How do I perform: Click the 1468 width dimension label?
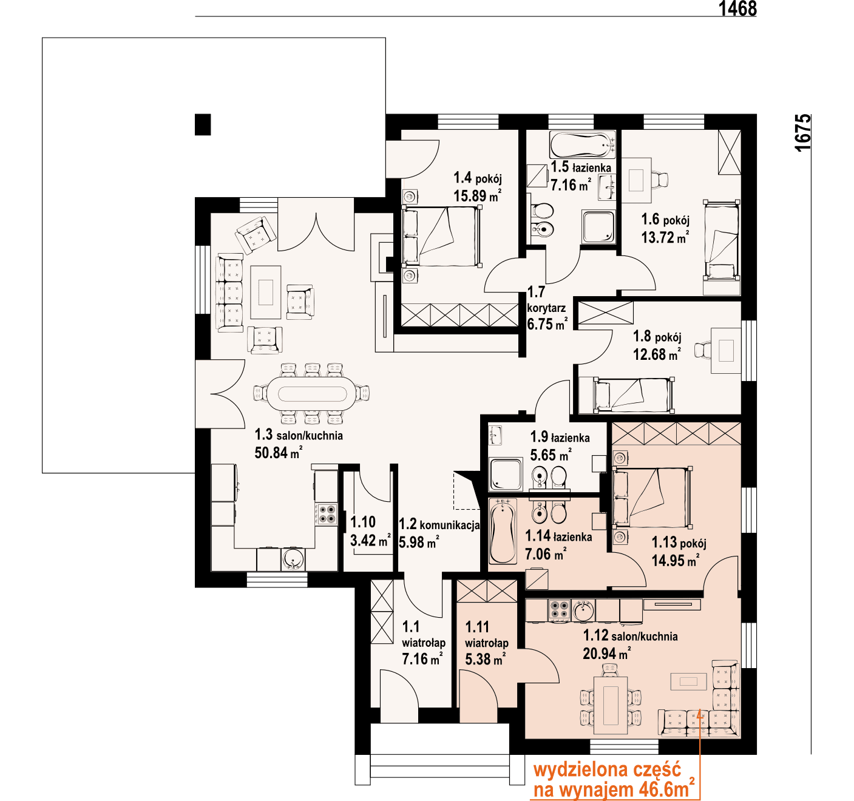(x=737, y=8)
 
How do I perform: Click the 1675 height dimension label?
(x=802, y=132)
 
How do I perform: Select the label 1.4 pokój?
(x=478, y=178)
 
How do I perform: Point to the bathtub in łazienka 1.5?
(x=582, y=144)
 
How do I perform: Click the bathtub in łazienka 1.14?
(x=503, y=532)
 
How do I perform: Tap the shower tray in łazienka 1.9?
(x=506, y=474)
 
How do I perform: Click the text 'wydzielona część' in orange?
(x=607, y=770)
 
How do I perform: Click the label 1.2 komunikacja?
(x=439, y=524)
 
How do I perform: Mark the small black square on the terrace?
(x=203, y=124)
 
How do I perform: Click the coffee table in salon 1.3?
(x=265, y=292)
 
